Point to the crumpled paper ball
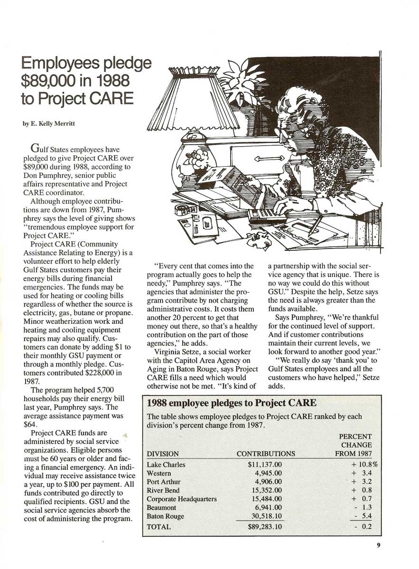(259, 240)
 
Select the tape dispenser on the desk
(186, 209)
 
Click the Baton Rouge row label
(165, 516)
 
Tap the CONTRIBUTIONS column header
(266, 454)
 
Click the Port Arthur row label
(164, 482)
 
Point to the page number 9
(379, 545)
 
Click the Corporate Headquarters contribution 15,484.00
(268, 499)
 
